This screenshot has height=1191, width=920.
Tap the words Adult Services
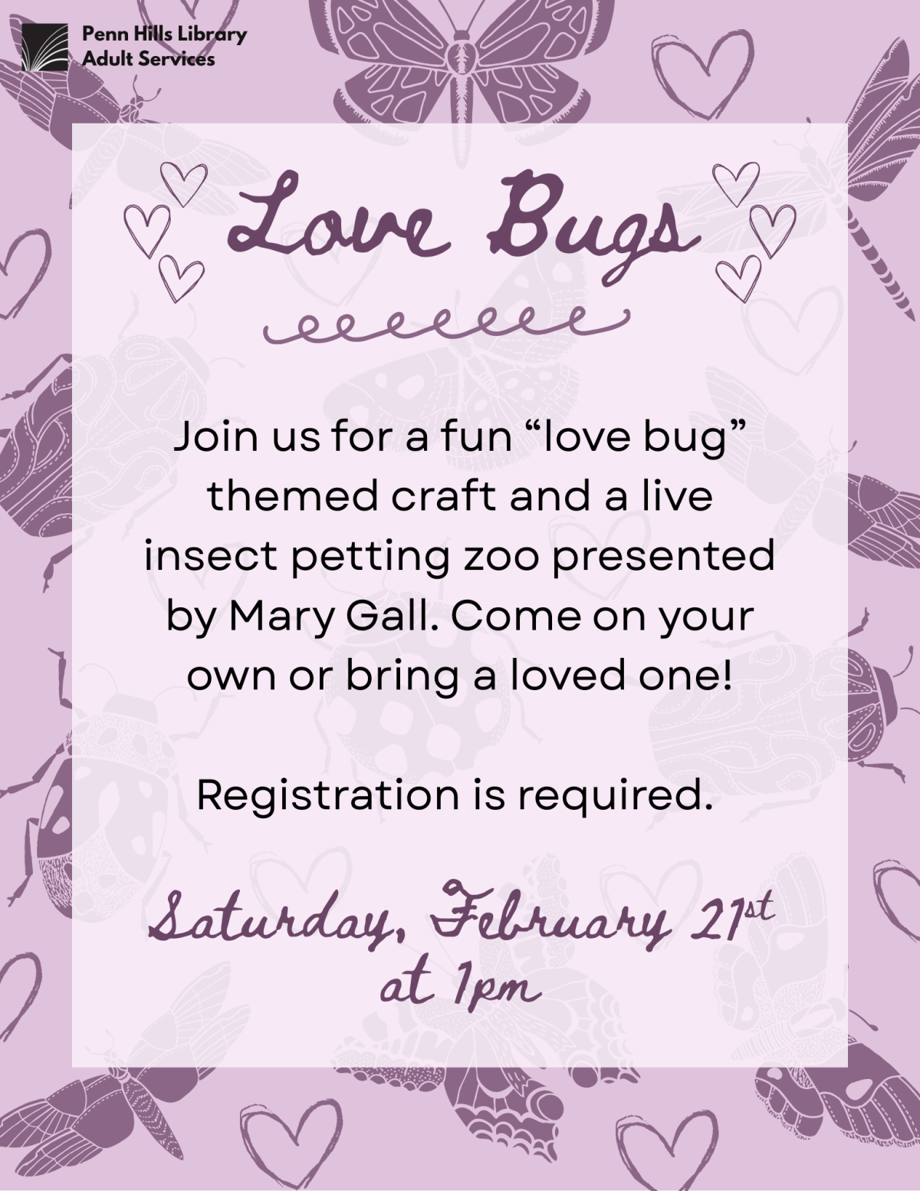click(149, 59)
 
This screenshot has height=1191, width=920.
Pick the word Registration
click(327, 795)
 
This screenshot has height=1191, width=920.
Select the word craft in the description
click(444, 497)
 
